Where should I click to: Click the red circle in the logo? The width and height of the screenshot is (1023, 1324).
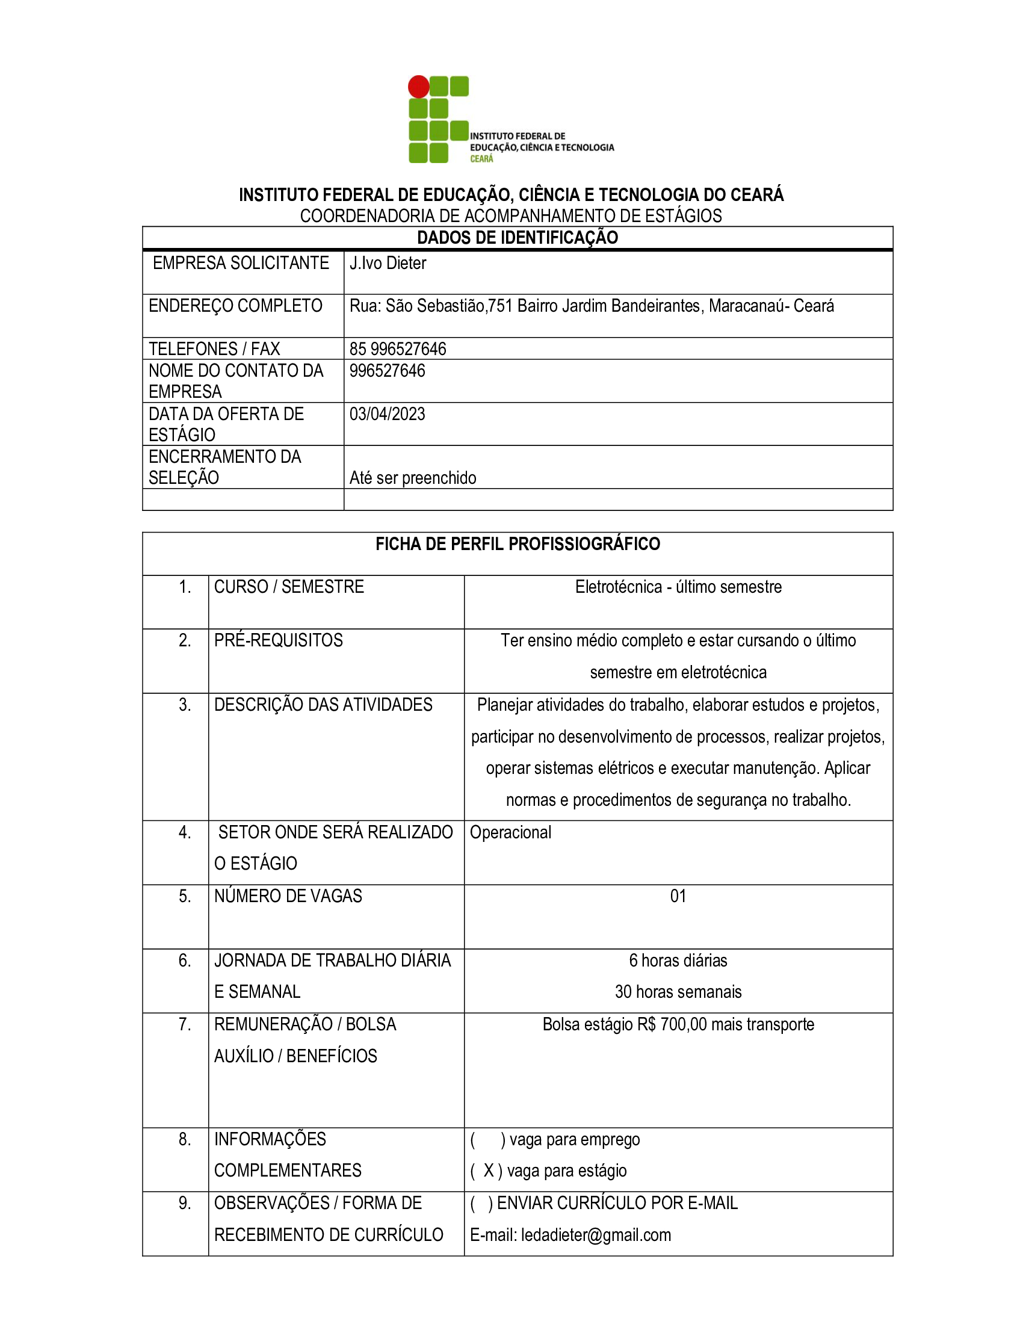coord(418,87)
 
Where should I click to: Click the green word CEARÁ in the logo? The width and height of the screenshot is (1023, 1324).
coord(482,159)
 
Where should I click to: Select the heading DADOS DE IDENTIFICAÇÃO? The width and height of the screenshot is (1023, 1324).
coord(517,238)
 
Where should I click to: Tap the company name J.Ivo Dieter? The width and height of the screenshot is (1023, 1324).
coord(388,263)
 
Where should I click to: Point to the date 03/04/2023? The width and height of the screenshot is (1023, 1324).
coord(388,414)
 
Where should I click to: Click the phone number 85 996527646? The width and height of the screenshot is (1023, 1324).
coord(398,349)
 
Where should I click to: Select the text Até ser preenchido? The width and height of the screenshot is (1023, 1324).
coord(413,478)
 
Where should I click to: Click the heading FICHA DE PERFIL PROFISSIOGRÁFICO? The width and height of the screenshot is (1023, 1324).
coord(517,545)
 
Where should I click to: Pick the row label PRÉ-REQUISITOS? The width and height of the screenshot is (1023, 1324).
coord(278,641)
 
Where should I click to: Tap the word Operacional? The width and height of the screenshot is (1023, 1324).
coord(510,833)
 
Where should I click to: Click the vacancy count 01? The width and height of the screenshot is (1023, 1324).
coord(678,897)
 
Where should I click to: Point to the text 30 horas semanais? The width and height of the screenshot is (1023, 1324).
coord(678,992)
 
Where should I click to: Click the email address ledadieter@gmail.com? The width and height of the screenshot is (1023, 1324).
coord(596,1236)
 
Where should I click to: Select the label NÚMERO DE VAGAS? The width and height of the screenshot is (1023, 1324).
coord(288,897)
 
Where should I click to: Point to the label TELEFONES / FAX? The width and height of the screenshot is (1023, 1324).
coord(215,349)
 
